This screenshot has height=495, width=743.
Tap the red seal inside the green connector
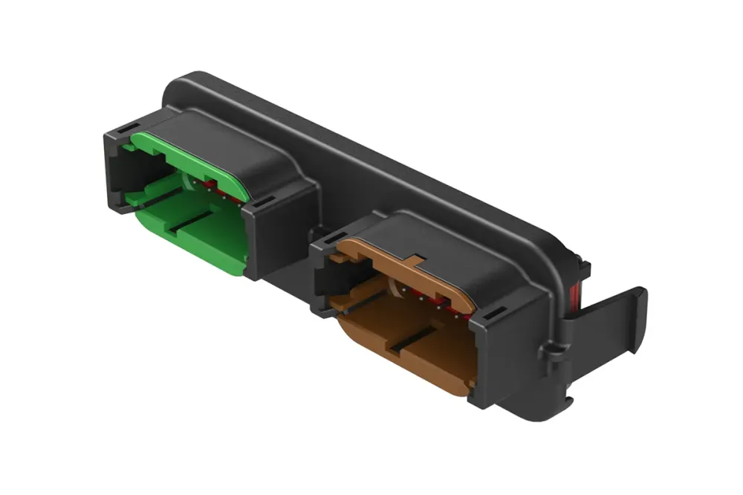pos(215,185)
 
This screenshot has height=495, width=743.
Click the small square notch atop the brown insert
pos(415,261)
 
